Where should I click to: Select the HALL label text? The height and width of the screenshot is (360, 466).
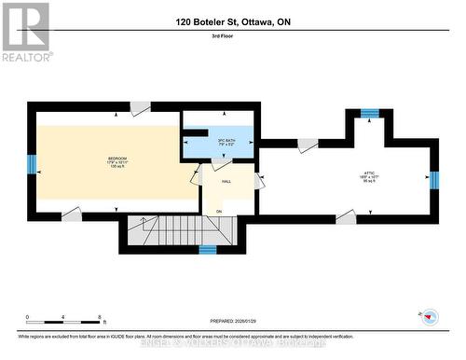pos(226,183)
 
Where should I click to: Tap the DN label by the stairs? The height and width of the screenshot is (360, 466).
pos(219,212)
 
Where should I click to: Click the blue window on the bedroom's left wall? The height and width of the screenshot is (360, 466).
pos(31,165)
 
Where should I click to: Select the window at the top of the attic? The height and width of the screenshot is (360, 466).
pos(370,113)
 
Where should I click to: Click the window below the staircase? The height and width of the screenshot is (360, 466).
pos(209,250)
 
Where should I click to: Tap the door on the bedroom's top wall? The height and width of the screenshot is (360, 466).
pos(139,110)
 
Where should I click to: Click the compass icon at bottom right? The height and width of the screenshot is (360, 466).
pos(430,316)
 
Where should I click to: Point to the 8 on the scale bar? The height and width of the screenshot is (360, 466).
pos(98,318)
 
